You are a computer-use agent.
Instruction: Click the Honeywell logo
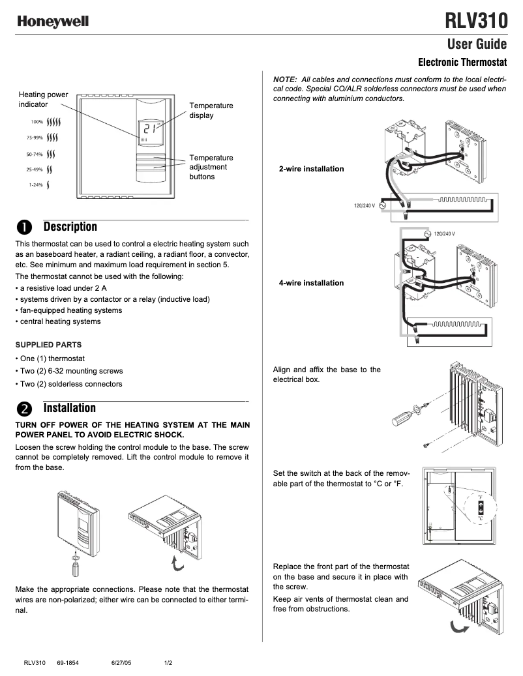[53, 22]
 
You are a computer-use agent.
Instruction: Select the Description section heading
[70, 227]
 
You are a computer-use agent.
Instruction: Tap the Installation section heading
[69, 408]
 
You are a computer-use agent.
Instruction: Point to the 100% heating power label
[36, 122]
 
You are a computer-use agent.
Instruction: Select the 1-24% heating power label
[36, 185]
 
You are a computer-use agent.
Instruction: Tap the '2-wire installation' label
[311, 169]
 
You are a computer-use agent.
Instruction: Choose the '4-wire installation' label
[311, 283]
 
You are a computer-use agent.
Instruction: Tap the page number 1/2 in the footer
[168, 663]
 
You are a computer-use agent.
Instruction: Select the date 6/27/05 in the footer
[121, 663]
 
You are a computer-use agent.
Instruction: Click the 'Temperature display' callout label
[211, 110]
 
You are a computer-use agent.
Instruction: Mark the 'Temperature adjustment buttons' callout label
[211, 167]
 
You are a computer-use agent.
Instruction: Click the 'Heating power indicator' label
[43, 99]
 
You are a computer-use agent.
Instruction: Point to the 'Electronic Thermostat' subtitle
[462, 63]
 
